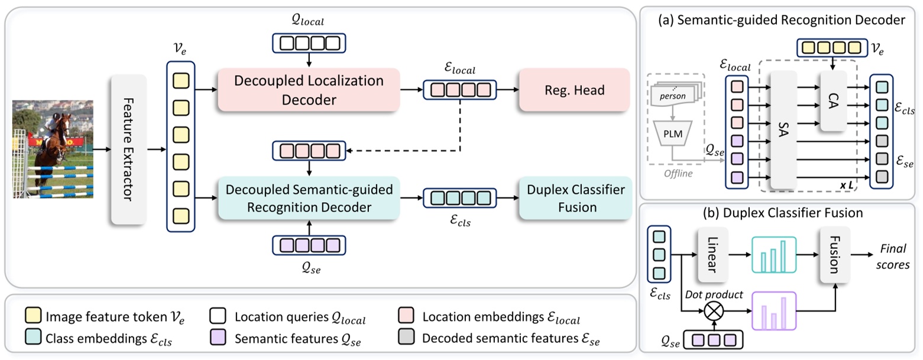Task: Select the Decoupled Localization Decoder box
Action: [309, 90]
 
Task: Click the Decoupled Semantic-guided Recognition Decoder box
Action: [309, 199]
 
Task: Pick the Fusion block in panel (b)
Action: [834, 255]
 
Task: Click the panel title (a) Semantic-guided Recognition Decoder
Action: [782, 20]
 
